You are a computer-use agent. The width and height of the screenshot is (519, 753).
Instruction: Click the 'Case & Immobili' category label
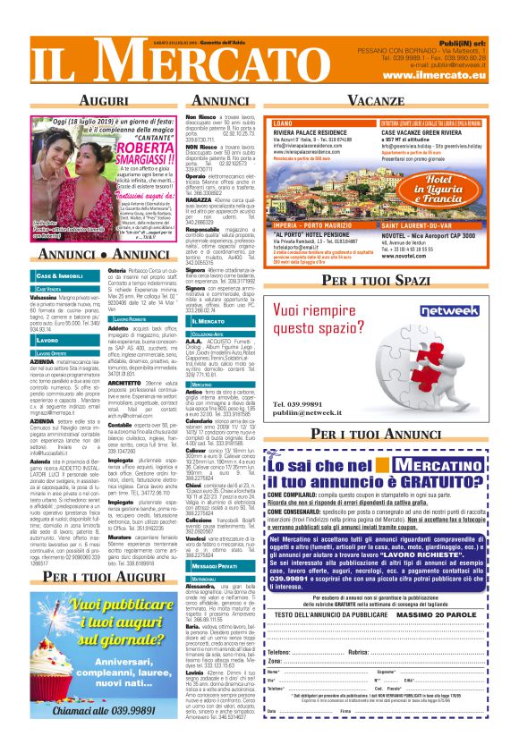(x=61, y=275)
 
